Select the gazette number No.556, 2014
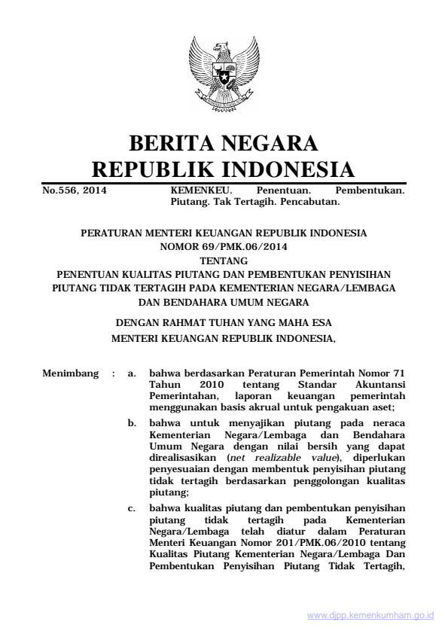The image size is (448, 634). point(74,191)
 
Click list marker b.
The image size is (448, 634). point(132,425)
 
